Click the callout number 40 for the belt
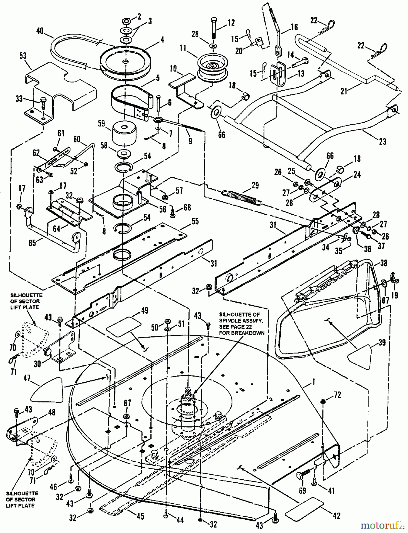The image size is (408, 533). [40, 31]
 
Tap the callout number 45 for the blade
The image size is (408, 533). [141, 516]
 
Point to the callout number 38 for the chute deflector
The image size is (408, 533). [384, 262]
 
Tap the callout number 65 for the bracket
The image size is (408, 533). [32, 243]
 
